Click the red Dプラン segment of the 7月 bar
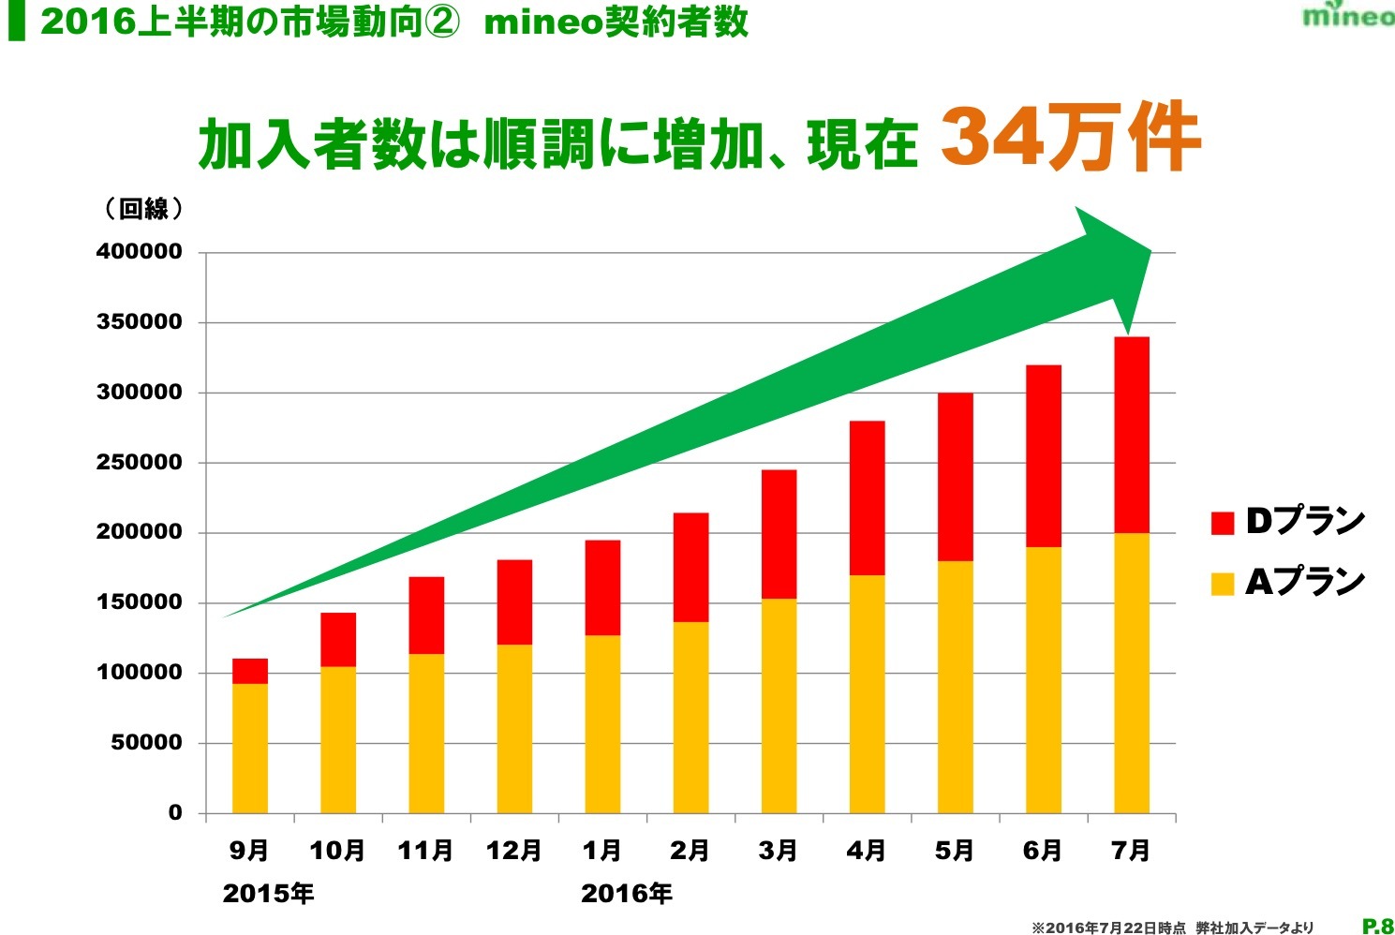coord(1131,435)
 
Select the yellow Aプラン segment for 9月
coord(250,748)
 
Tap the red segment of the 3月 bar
coord(779,534)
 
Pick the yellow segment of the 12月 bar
coord(514,728)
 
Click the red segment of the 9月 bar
coord(250,671)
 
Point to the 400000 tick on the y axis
coord(140,252)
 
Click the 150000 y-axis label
coord(140,602)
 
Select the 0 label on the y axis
coord(175,812)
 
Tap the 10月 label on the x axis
coord(337,851)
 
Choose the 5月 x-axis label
coord(955,851)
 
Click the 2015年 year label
coord(268,894)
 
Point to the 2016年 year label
coord(626,894)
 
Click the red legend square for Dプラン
coord(1223,523)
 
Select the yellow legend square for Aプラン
coord(1223,584)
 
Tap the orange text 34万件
coord(1070,138)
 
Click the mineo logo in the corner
coord(1347,15)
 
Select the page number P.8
coord(1377,926)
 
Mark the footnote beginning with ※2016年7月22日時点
coord(1172,928)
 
